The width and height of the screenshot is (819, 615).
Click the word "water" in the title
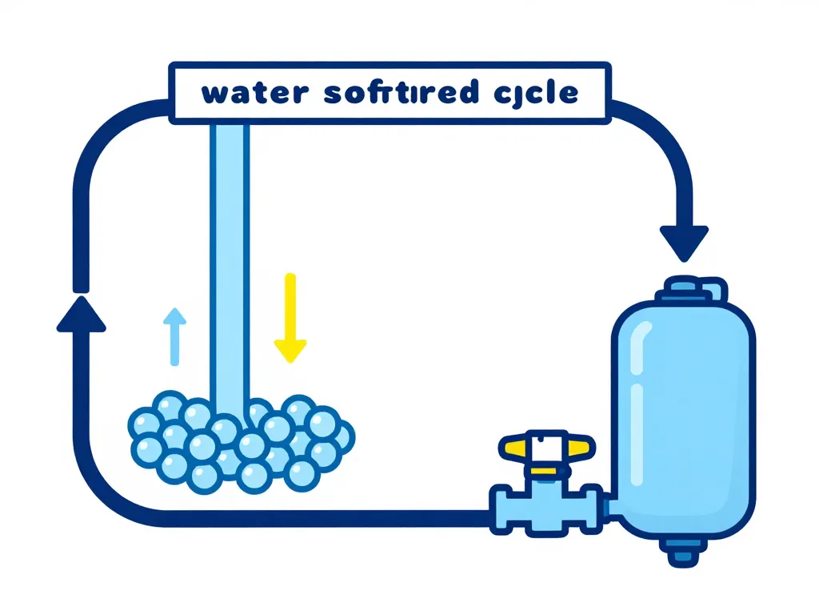coord(254,93)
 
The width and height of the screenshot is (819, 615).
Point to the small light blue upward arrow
coord(174,337)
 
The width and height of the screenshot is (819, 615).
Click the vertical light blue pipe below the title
coord(229,256)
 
